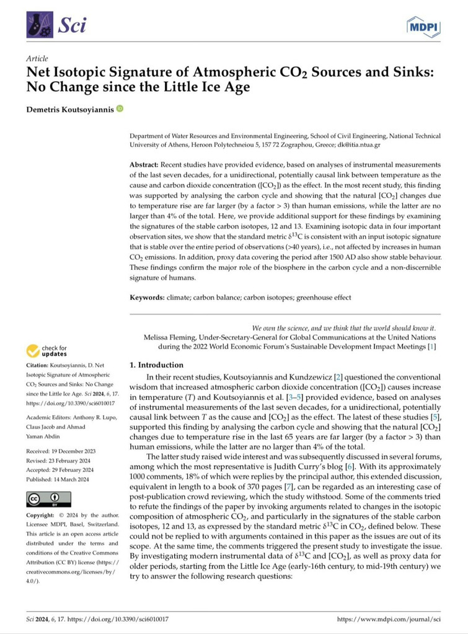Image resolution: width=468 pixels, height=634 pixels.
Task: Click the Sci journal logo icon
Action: [x=38, y=26]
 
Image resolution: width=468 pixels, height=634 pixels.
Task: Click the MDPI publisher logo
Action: [x=423, y=26]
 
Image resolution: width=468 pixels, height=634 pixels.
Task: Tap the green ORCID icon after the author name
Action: [x=119, y=109]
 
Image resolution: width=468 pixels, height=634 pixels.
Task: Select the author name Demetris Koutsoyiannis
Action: [x=69, y=110]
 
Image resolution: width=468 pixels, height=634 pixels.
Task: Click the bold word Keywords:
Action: [x=147, y=297]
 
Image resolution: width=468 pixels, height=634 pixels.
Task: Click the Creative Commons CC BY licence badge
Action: [x=48, y=498]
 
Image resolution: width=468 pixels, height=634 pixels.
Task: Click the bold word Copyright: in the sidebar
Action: [x=43, y=516]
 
